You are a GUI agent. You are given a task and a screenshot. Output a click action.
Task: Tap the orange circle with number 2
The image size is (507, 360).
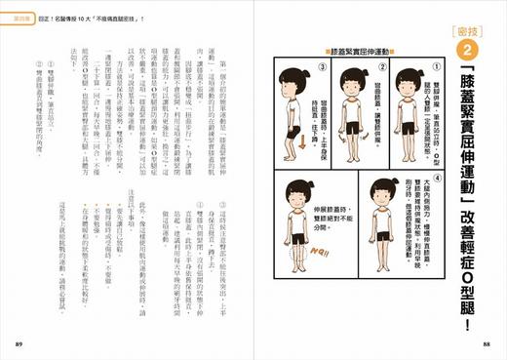pyautogui.click(x=466, y=50)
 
